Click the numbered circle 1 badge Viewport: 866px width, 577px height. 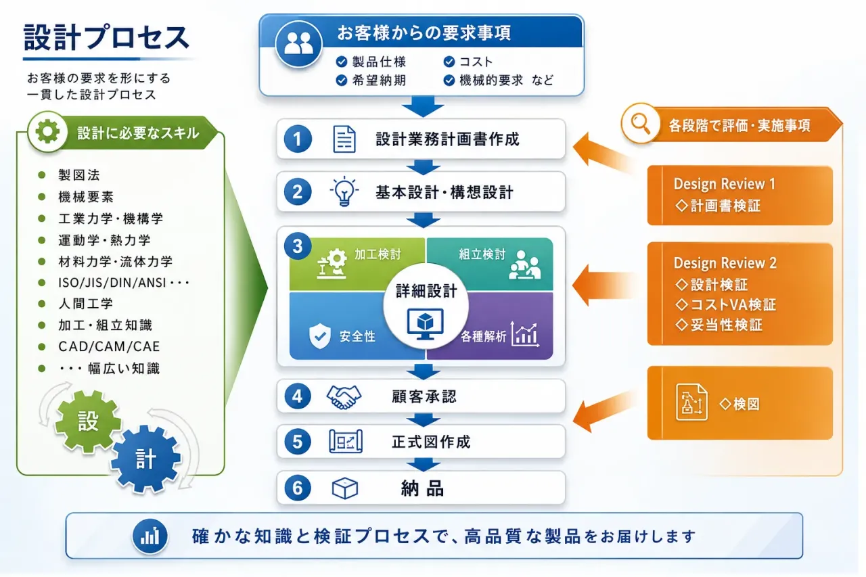click(297, 139)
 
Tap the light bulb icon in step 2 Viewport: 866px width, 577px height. click(344, 191)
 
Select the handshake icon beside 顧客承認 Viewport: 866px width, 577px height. click(344, 397)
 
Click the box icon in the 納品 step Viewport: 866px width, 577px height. click(345, 488)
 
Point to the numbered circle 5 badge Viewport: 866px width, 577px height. click(297, 441)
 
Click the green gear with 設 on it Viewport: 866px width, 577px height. click(88, 421)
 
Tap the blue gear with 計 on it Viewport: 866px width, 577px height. click(145, 459)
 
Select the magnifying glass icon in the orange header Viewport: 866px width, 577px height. click(641, 124)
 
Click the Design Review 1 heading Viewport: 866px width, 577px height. click(724, 184)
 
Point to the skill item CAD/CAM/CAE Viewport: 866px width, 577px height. click(109, 346)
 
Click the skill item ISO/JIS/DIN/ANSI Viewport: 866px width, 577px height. click(112, 283)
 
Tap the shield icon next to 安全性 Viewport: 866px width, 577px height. click(320, 336)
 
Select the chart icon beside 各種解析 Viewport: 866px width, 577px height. click(524, 334)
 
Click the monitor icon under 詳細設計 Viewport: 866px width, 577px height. click(426, 324)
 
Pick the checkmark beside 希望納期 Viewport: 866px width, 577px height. click(342, 80)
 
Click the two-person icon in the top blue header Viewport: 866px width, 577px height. click(298, 43)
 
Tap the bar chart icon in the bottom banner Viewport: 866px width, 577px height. click(150, 536)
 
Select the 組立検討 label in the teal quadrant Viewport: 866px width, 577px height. click(482, 254)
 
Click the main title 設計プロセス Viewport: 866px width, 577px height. click(106, 37)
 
